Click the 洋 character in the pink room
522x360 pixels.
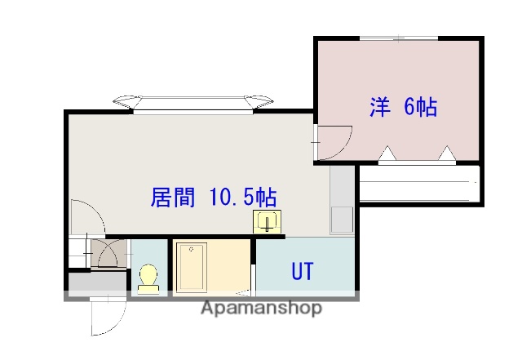[380, 108]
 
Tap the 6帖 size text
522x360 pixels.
[420, 108]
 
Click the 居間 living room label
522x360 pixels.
[173, 198]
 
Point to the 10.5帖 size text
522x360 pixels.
[241, 198]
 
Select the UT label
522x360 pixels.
[303, 272]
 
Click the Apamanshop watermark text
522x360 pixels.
[261, 308]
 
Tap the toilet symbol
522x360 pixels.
[148, 277]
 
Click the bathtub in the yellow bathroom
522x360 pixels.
[192, 267]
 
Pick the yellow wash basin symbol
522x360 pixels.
[267, 221]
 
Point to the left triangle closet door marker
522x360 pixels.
[388, 153]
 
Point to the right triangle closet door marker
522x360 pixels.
[446, 153]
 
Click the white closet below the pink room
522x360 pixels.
[418, 183]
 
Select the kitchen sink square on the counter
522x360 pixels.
[341, 220]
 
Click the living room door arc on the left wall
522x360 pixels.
[86, 216]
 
